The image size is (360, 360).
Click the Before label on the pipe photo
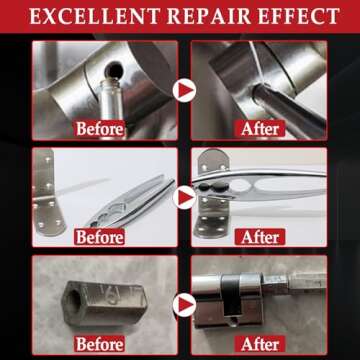(x=99, y=129)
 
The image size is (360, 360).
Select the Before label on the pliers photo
(x=99, y=237)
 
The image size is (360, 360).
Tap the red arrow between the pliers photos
(x=183, y=196)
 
